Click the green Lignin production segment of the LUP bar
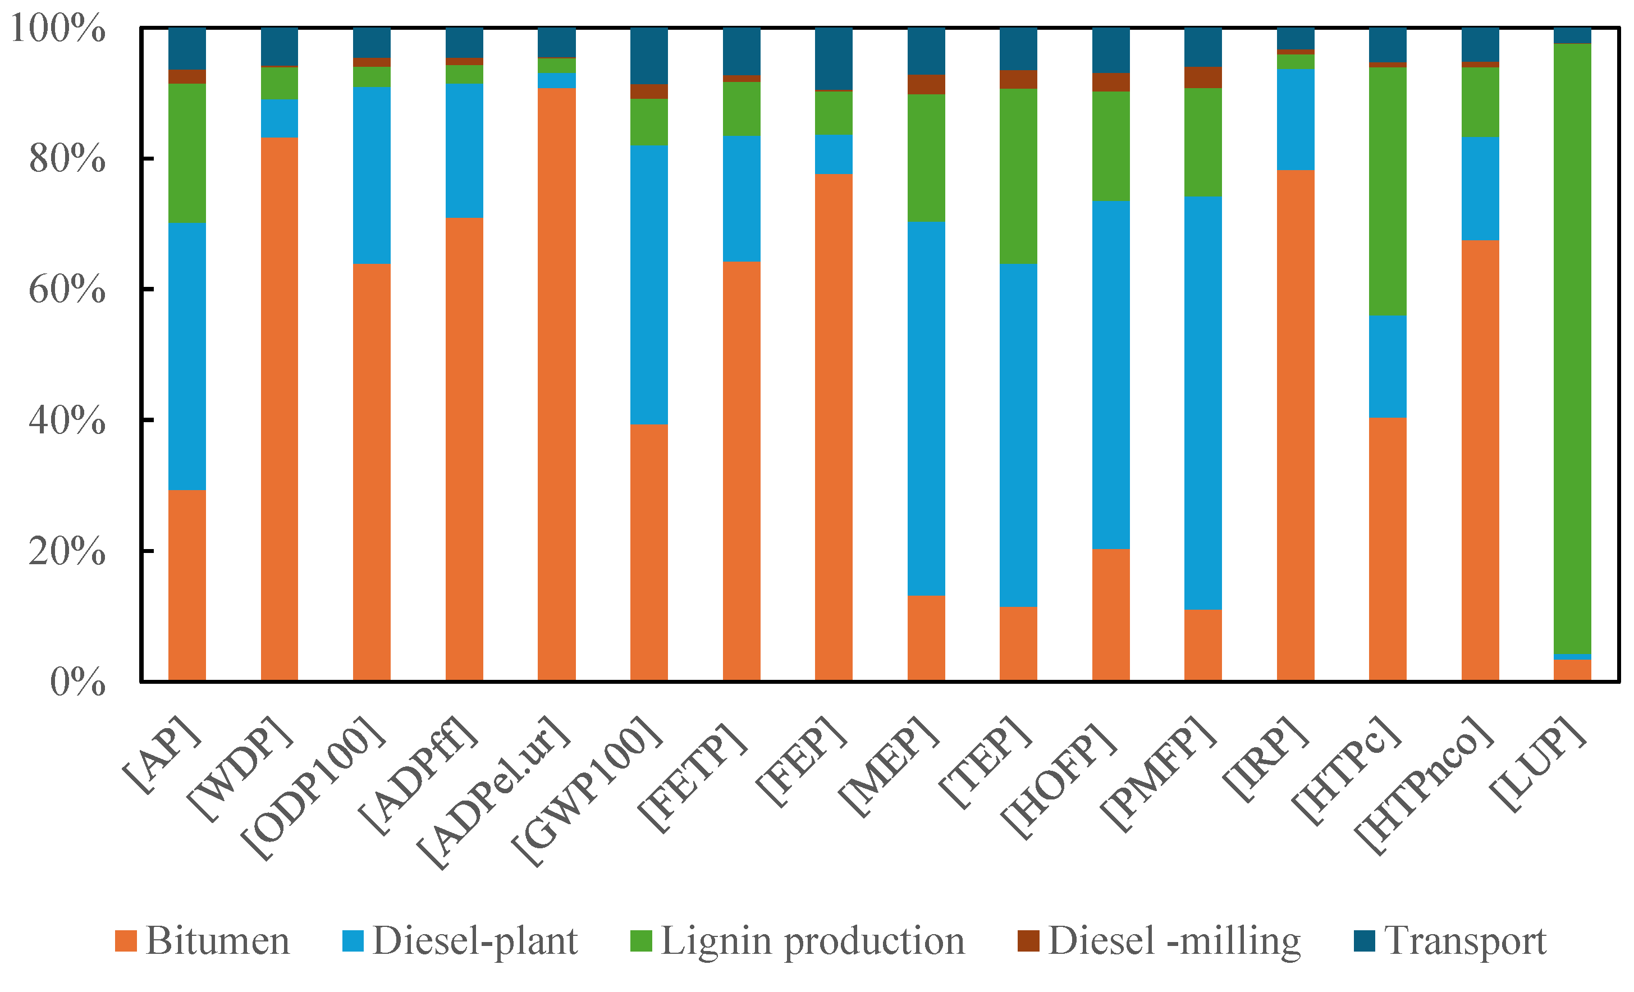(x=1572, y=348)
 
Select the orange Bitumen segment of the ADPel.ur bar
(x=556, y=385)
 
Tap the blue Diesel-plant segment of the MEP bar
(x=926, y=408)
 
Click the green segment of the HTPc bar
(x=1388, y=191)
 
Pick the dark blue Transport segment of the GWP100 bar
(x=648, y=56)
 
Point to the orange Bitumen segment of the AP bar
(x=187, y=586)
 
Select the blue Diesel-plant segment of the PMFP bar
(x=1203, y=403)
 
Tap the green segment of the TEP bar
(x=1018, y=176)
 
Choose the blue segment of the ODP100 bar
(x=372, y=175)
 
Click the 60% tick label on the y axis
(x=67, y=290)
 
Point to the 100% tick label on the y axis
(x=58, y=29)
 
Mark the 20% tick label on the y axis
(x=67, y=551)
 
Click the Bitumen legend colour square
(x=125, y=941)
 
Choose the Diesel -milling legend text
(x=1174, y=941)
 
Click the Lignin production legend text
(x=812, y=941)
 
